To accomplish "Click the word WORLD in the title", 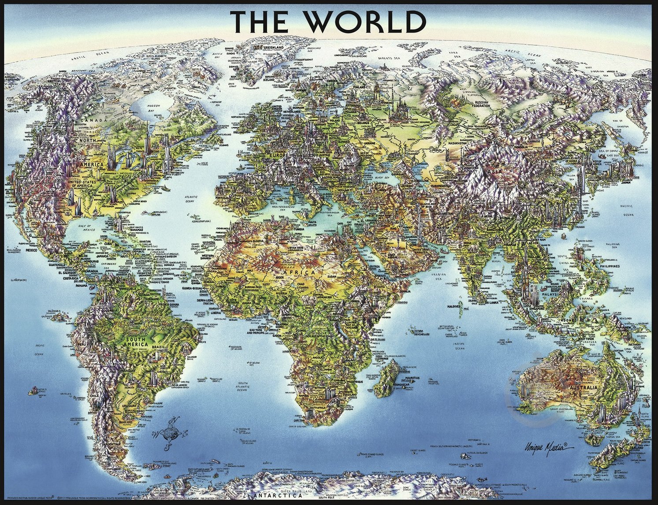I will click(371, 19).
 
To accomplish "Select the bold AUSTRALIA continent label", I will click(583, 388).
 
